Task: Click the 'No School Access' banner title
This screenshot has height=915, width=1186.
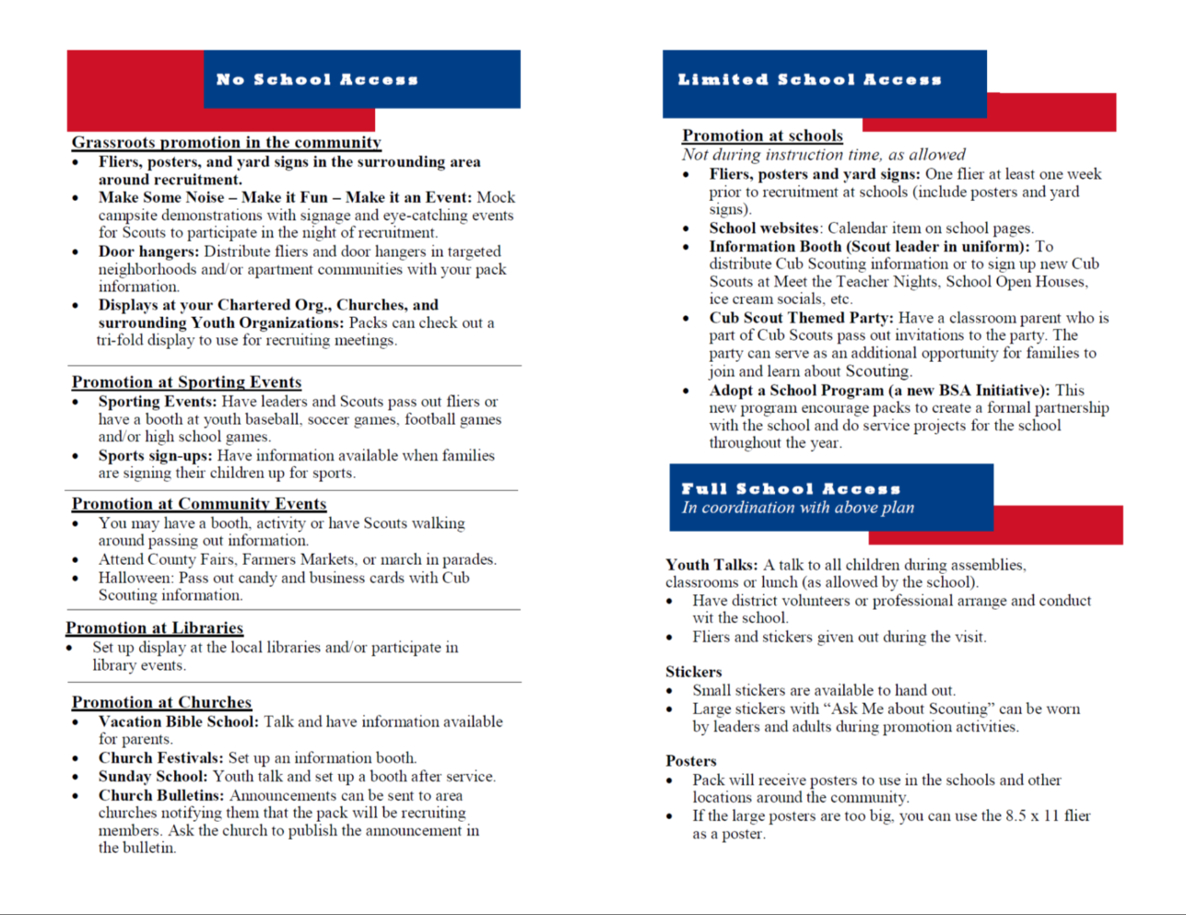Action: (x=317, y=79)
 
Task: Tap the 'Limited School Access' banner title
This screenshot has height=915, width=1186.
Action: (x=809, y=80)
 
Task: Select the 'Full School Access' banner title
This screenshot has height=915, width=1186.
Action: (x=791, y=488)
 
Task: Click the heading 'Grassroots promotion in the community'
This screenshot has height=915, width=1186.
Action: (x=227, y=142)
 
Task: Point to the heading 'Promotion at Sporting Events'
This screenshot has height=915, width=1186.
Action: (x=187, y=381)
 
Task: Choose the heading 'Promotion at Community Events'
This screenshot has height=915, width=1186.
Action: (x=199, y=503)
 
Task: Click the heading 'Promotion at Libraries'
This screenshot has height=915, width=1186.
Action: (x=155, y=628)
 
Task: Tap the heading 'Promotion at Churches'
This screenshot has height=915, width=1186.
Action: (x=161, y=701)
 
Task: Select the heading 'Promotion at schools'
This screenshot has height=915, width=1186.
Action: (x=762, y=135)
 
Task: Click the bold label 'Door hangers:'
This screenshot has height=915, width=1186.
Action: (x=148, y=252)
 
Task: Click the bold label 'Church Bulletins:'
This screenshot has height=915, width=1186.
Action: (x=161, y=795)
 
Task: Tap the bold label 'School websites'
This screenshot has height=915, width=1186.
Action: (x=764, y=228)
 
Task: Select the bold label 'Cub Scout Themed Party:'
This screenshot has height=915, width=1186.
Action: (x=801, y=318)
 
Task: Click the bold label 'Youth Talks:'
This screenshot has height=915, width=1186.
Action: (x=711, y=565)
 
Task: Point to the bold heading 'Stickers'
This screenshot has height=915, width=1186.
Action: (x=694, y=672)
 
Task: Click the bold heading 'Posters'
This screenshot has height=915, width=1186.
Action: (x=691, y=760)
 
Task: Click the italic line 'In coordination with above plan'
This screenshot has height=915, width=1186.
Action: (x=798, y=508)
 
